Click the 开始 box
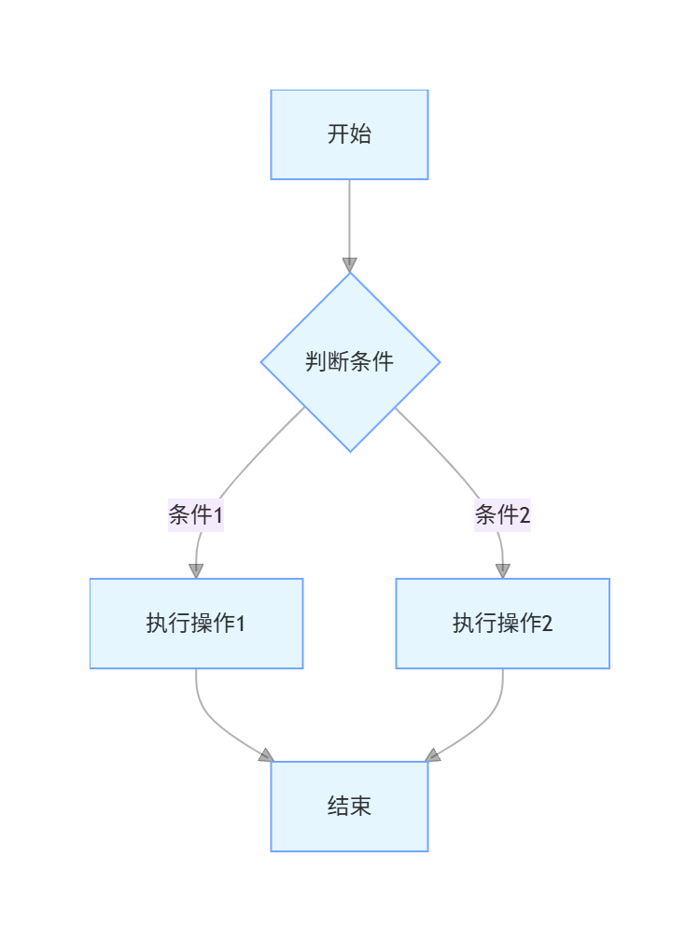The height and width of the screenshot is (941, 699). tap(349, 134)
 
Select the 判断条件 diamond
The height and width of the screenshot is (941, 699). tap(349, 361)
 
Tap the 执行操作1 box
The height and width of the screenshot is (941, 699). tap(196, 623)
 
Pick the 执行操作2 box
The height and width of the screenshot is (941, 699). tap(502, 623)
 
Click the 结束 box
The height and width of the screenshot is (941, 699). tap(349, 806)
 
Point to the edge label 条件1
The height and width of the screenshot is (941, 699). tap(196, 514)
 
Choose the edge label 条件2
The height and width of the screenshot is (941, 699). tap(502, 514)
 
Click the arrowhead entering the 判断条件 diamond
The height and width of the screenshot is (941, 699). tap(349, 264)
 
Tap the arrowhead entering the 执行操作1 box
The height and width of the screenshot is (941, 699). tap(196, 570)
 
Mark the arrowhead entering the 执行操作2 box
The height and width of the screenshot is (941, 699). tap(502, 570)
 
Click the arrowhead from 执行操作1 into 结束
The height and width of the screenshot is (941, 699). tap(266, 755)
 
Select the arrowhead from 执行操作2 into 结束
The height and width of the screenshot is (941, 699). tap(433, 755)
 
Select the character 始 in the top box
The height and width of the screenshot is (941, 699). tap(361, 134)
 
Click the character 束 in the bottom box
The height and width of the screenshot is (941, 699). tap(361, 806)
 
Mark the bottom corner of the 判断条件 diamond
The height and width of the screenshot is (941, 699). tap(349, 451)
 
